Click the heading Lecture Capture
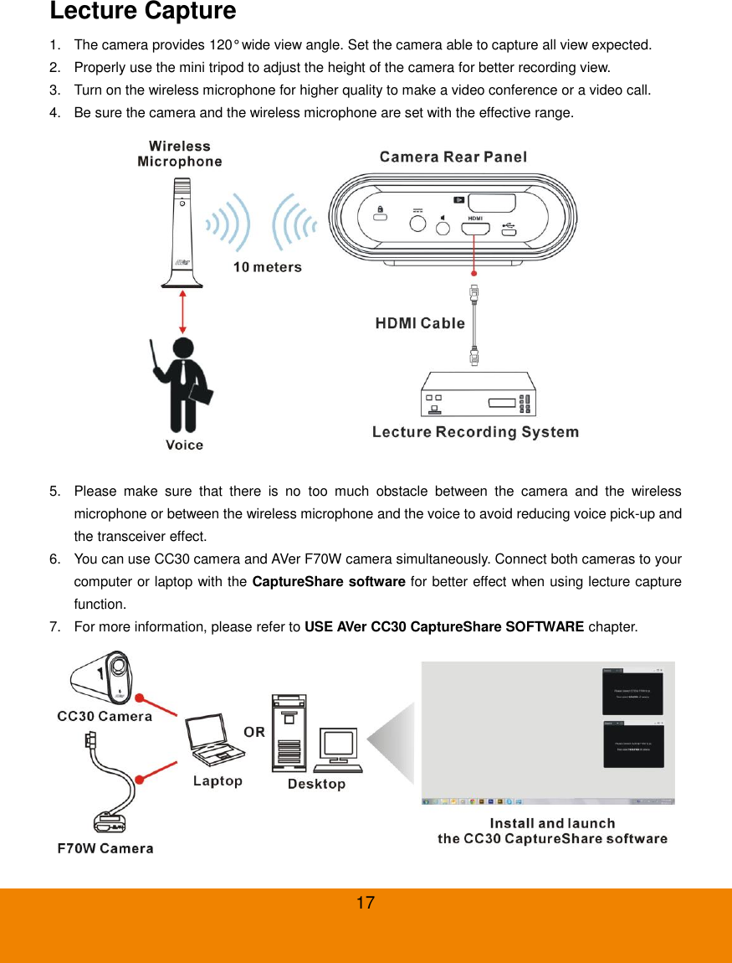(142, 12)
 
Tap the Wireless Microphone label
(180, 154)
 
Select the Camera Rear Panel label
(453, 157)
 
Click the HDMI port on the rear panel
(475, 226)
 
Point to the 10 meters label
(267, 267)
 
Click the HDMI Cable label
(419, 323)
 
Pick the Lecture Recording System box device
(477, 394)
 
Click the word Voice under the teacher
(184, 445)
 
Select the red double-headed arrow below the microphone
(182, 311)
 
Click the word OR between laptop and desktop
(254, 732)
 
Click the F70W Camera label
(105, 848)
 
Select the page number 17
(365, 903)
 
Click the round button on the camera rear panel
(416, 224)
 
